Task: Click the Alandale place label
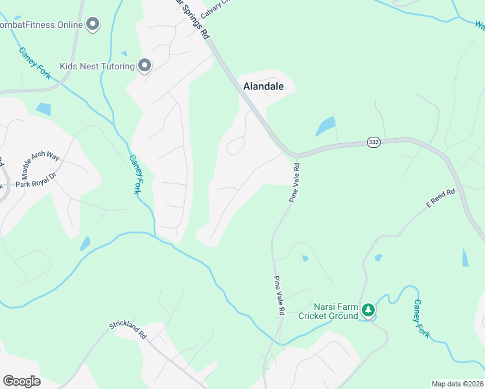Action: [263, 86]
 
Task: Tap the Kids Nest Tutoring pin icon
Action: [144, 65]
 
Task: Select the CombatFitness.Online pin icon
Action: [93, 25]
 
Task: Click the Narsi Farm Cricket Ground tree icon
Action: [368, 311]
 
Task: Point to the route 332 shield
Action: [373, 142]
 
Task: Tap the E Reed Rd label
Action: [441, 198]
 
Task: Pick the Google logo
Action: [21, 381]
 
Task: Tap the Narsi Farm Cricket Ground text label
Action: [328, 311]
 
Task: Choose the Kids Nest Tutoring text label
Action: [97, 66]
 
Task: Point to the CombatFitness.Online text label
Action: [41, 25]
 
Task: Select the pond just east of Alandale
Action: [325, 126]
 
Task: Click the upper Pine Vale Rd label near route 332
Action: [295, 182]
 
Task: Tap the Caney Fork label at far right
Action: [421, 318]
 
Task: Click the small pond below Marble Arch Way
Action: [85, 244]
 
